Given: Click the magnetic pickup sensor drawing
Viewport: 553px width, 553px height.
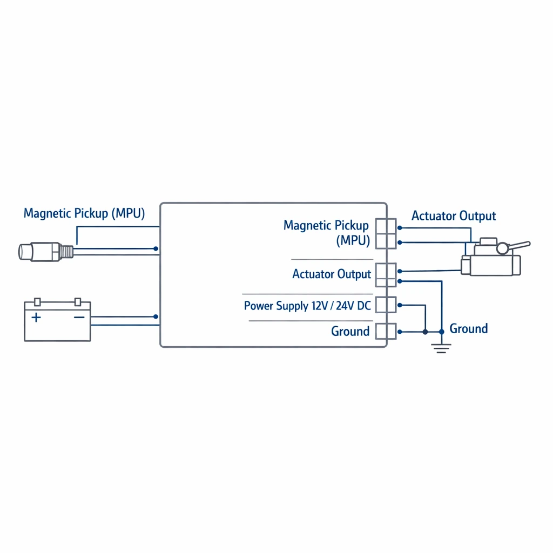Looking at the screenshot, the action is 46,252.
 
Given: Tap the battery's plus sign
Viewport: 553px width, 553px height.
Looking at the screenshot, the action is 36,318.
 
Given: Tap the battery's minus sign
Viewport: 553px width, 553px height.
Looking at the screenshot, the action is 79,318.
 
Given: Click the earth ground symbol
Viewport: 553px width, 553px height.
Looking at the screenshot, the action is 441,348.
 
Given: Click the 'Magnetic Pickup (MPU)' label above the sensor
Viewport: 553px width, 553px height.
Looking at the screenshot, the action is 84,214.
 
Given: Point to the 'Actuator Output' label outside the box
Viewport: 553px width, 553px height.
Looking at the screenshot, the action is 454,216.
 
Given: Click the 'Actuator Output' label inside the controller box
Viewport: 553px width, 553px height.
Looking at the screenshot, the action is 332,274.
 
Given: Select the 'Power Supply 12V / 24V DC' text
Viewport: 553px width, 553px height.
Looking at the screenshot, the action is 307,306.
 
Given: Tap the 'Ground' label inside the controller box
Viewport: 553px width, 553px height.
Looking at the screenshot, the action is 350,331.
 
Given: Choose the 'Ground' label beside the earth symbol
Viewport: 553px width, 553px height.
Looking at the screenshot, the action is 469,329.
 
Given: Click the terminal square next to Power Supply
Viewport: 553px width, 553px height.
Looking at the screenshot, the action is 386,305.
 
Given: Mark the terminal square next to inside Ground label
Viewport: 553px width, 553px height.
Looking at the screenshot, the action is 386,332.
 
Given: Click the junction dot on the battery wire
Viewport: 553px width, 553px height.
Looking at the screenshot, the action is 156,316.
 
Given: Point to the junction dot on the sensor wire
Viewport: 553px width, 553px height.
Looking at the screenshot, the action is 156,248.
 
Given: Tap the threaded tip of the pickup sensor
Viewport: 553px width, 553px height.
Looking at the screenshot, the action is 66,252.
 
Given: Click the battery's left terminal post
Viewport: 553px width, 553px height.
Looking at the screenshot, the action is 37,302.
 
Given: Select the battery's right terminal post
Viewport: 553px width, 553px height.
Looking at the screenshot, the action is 78,302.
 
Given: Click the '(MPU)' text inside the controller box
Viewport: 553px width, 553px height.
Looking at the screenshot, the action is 353,241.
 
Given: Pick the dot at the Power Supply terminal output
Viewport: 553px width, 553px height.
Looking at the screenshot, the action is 400,305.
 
